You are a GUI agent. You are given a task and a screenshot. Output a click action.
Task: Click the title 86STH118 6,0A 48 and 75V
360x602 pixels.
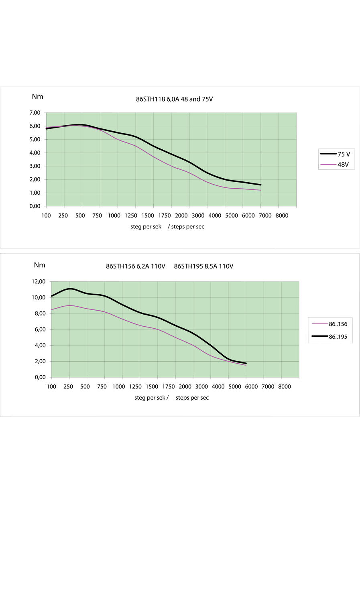click(174, 99)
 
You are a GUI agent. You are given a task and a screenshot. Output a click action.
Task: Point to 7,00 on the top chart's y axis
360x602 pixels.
click(35, 113)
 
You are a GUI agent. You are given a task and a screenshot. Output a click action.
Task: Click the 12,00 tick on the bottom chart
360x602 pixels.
click(39, 282)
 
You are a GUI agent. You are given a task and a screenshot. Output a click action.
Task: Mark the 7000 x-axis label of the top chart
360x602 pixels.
click(265, 216)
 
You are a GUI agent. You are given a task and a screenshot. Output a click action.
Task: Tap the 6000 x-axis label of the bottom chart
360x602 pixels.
click(251, 386)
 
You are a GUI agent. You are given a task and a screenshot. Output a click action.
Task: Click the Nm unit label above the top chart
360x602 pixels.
click(38, 97)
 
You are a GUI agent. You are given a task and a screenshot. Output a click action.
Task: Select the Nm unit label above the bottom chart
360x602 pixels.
click(40, 265)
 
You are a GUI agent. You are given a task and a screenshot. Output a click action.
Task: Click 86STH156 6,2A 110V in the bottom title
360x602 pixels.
click(136, 266)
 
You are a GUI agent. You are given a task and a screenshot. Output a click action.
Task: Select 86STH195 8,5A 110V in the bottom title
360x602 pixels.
click(203, 266)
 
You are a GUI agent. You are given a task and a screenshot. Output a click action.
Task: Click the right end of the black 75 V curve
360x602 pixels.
click(261, 185)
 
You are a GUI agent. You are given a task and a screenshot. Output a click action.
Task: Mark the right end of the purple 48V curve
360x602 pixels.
click(261, 190)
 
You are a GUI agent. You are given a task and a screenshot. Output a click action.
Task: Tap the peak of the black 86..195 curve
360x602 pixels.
click(70, 289)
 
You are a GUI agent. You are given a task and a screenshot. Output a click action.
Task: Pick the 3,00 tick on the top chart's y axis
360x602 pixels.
click(35, 166)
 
